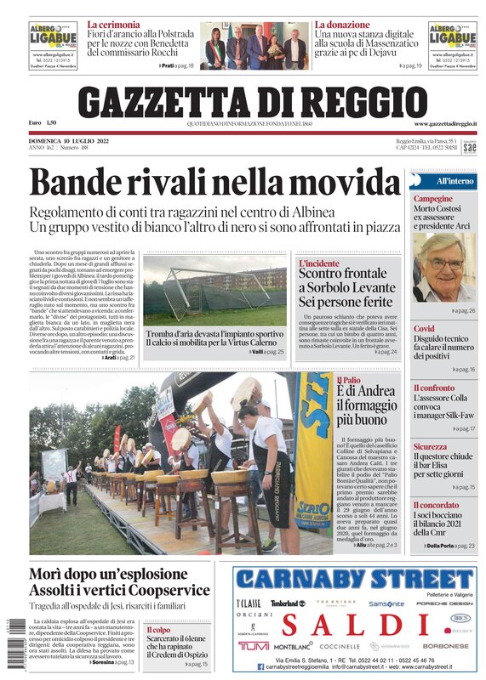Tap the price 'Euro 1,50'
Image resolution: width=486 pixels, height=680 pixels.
[42, 124]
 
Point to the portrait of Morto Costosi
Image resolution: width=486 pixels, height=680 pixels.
[443, 269]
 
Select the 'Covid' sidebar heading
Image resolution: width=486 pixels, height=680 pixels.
[424, 329]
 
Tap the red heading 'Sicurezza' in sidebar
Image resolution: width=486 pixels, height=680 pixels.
[430, 446]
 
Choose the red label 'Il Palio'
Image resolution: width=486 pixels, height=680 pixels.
[348, 380]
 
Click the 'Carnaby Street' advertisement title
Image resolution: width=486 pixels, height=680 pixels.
[353, 581]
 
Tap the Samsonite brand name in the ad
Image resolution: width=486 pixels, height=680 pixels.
[386, 603]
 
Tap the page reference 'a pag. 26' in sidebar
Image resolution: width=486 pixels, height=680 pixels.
[465, 311]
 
